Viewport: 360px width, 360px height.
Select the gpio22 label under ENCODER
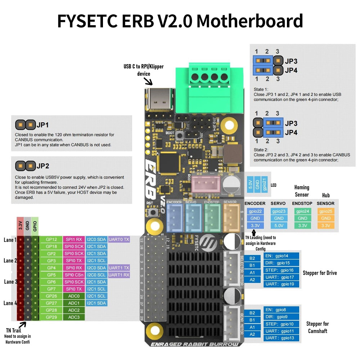coord(255,211)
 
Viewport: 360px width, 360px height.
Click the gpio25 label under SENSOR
coord(326,211)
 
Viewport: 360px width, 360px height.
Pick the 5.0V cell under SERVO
coord(279,225)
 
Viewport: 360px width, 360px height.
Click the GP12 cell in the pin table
coord(51,239)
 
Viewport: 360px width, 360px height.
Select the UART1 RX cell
coord(118,275)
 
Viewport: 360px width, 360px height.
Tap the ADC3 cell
coord(74,317)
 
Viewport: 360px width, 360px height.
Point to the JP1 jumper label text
coord(42,125)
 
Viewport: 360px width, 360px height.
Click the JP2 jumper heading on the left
coord(42,166)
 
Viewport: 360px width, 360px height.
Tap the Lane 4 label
coord(10,303)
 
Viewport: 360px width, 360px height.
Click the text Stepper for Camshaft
coord(318,327)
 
